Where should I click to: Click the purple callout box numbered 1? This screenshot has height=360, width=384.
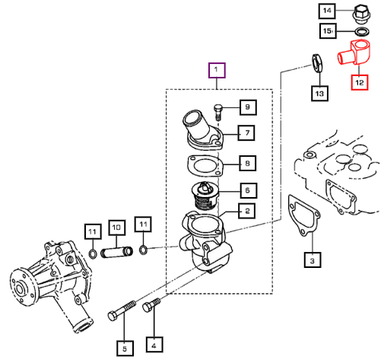pyautogui.click(x=217, y=70)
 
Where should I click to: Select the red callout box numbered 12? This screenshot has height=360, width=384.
pyautogui.click(x=360, y=82)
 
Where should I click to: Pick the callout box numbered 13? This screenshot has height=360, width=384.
pyautogui.click(x=319, y=94)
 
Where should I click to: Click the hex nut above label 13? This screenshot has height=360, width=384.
pyautogui.click(x=317, y=62)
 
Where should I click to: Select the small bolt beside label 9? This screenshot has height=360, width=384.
pyautogui.click(x=218, y=112)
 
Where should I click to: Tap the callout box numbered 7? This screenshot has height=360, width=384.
pyautogui.click(x=246, y=132)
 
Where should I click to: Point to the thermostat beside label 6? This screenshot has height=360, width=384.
pyautogui.click(x=205, y=196)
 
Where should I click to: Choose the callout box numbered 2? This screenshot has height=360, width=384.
pyautogui.click(x=247, y=211)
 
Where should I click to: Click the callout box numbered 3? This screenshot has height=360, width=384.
pyautogui.click(x=313, y=260)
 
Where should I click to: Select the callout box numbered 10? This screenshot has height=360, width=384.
pyautogui.click(x=116, y=228)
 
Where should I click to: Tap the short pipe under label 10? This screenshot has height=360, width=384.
pyautogui.click(x=117, y=253)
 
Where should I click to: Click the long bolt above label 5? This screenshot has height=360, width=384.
pyautogui.click(x=122, y=311)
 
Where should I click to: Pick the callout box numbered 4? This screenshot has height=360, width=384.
pyautogui.click(x=154, y=345)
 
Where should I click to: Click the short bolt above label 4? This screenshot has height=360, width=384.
pyautogui.click(x=151, y=305)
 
